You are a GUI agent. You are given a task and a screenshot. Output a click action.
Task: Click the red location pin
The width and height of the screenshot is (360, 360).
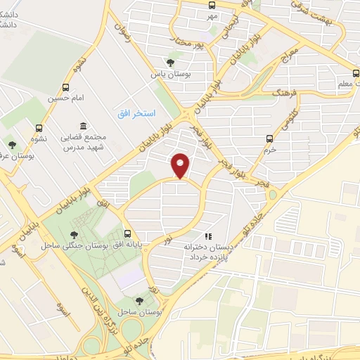pyautogui.click(x=181, y=165)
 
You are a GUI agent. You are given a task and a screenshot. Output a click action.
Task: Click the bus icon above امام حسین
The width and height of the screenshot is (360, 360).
pyautogui.click(x=65, y=87)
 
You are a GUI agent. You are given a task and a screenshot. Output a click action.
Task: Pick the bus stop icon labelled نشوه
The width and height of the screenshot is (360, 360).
pyautogui.click(x=39, y=128)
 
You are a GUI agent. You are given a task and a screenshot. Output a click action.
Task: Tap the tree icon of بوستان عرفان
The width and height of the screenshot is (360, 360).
pyautogui.click(x=12, y=145)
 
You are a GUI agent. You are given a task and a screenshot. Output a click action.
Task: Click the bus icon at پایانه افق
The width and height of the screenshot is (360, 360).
pyautogui.click(x=127, y=234)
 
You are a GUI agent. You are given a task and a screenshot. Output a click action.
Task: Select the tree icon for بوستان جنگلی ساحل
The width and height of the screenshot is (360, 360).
pyautogui.click(x=75, y=234)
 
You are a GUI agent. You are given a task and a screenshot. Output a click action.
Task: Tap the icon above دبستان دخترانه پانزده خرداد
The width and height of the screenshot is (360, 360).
pyautogui.click(x=208, y=237)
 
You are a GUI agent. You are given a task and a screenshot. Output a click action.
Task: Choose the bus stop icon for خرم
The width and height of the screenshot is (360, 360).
pyautogui.click(x=268, y=139)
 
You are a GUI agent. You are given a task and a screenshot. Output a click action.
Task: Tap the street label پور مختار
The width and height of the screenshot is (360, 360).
pyautogui.click(x=194, y=41)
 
